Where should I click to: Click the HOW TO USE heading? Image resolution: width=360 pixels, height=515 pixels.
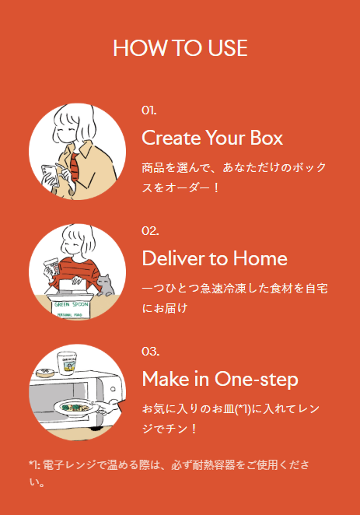[x=180, y=48]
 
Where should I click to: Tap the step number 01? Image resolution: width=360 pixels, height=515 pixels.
[x=149, y=110]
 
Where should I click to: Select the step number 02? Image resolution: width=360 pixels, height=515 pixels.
[x=150, y=230]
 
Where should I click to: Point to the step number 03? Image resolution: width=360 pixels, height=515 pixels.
[x=150, y=351]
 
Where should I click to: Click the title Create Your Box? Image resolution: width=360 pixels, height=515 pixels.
[x=212, y=138]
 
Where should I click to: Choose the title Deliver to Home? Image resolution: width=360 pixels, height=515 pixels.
[x=215, y=258]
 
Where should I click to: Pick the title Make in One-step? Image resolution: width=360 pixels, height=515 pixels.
[x=220, y=379]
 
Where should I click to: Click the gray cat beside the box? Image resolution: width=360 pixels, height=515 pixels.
[x=104, y=284]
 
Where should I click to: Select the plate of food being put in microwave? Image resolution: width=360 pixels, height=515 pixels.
[x=76, y=407]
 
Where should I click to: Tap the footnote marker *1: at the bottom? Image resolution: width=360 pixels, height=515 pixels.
[x=33, y=465]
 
